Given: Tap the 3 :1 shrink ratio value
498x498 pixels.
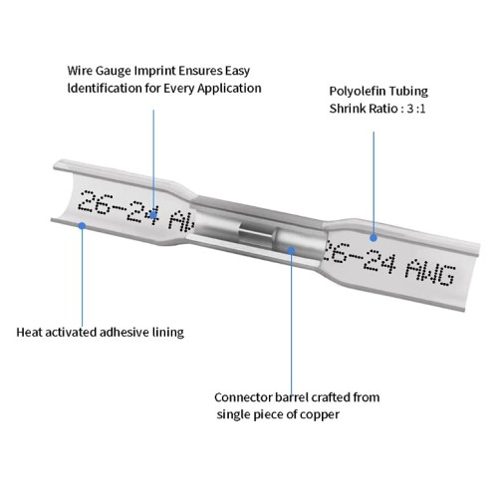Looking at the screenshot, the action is [415, 109].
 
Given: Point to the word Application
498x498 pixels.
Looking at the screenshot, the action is [229, 89].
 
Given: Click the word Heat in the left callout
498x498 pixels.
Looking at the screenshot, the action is [29, 332].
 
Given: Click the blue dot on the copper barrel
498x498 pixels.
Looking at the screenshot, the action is [291, 250].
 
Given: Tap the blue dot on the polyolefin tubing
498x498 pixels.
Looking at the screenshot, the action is [373, 238].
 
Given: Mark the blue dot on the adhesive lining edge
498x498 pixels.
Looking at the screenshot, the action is [82, 226].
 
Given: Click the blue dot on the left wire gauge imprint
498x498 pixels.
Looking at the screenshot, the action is [153, 215].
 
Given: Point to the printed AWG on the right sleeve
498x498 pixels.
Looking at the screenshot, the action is [430, 272].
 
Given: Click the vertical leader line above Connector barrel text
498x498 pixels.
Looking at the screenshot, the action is [291, 323].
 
